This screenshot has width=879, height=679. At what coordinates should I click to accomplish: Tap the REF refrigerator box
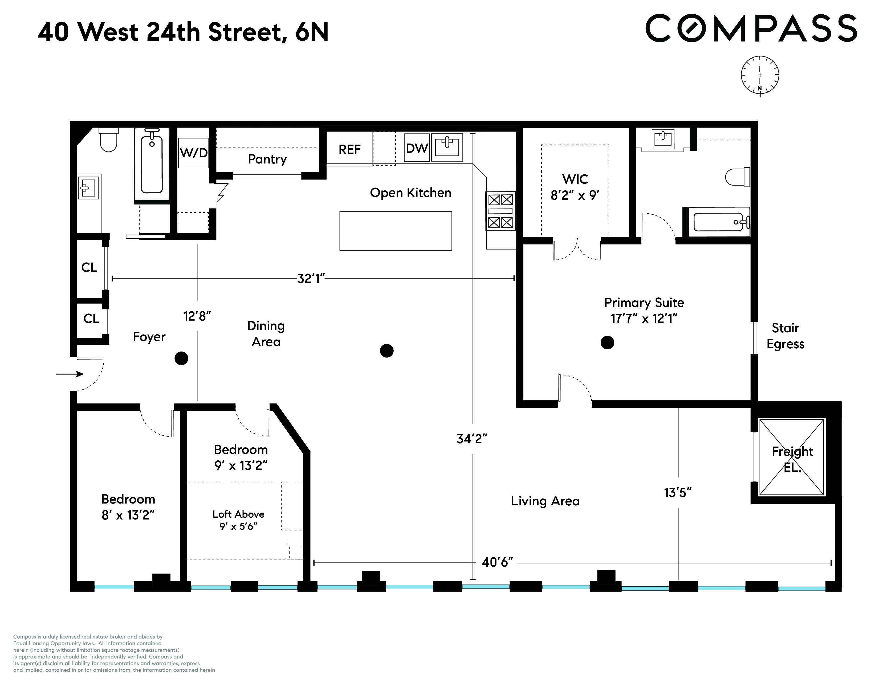(349, 149)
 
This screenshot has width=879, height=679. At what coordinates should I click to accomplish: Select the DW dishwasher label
(417, 148)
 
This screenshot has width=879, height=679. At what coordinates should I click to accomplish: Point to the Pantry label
(267, 159)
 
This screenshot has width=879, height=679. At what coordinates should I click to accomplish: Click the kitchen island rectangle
(396, 231)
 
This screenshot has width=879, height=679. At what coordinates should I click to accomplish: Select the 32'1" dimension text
(311, 278)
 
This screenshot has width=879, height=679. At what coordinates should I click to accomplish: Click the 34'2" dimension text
(472, 439)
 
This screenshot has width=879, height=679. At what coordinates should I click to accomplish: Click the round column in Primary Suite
(607, 343)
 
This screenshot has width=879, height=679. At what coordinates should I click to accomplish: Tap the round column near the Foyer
(181, 358)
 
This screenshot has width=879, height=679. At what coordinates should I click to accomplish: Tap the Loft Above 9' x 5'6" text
(238, 520)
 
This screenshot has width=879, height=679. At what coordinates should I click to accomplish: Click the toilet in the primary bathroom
(738, 177)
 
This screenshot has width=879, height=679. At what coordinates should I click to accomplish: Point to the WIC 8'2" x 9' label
(575, 187)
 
